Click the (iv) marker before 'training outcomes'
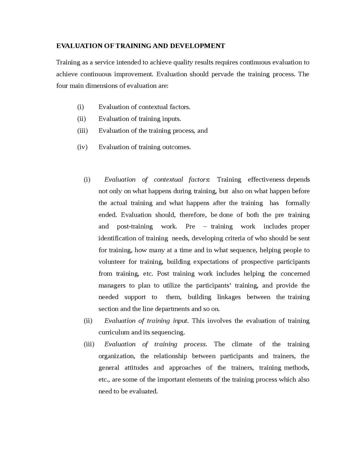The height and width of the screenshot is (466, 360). [x=82, y=147]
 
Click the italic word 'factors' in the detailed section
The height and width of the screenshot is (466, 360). [x=199, y=180]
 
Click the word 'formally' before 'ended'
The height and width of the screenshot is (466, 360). [x=298, y=203]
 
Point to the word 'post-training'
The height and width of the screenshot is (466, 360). [x=135, y=227]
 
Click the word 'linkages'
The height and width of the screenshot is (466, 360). [x=229, y=297]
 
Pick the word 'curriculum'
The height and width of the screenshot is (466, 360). [x=114, y=332]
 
